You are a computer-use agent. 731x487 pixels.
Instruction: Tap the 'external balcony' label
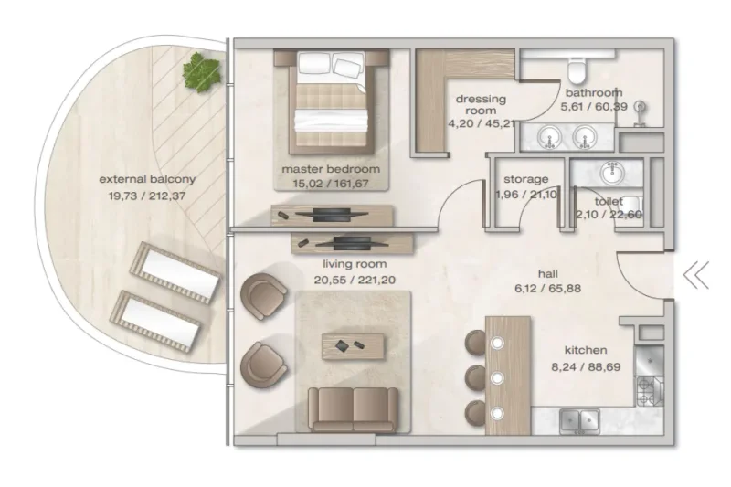(147, 179)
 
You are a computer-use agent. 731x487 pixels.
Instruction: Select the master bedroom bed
(330, 104)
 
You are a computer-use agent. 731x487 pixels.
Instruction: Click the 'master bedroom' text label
(331, 169)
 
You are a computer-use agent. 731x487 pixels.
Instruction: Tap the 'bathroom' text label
(593, 92)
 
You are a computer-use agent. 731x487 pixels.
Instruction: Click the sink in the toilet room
(609, 173)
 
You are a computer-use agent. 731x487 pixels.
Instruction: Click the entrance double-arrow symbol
(696, 274)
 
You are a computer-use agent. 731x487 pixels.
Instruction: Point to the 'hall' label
(548, 271)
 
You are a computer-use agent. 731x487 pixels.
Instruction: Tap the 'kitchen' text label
(586, 350)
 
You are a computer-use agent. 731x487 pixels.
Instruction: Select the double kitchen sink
(577, 419)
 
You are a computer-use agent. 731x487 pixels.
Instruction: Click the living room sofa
(352, 408)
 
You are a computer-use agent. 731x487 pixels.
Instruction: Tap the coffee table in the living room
(353, 345)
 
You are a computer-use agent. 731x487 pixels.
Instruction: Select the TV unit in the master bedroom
(332, 216)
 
